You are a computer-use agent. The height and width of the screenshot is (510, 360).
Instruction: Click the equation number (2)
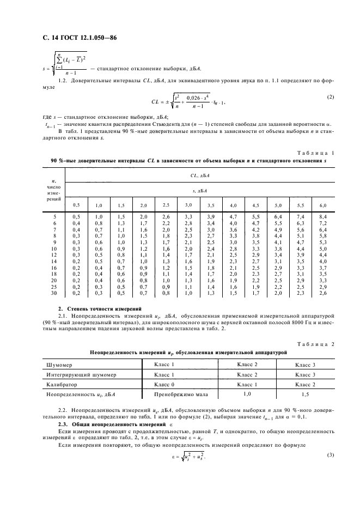coord(330,97)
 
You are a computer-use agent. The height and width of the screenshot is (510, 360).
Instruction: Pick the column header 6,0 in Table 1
coord(323,205)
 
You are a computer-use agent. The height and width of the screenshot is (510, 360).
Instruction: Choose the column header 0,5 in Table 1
coord(77,205)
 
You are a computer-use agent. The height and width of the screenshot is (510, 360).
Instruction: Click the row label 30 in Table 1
coord(53,293)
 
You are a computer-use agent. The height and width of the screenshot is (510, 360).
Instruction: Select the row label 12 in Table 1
coord(53,254)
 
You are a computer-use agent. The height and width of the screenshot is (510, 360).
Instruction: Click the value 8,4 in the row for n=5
coord(323,217)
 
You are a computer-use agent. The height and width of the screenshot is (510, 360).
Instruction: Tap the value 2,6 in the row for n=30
coord(323,293)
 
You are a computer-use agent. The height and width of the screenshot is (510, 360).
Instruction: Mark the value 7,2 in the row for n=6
coord(323,223)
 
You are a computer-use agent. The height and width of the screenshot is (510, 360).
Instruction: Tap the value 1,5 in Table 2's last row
coord(305,393)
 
